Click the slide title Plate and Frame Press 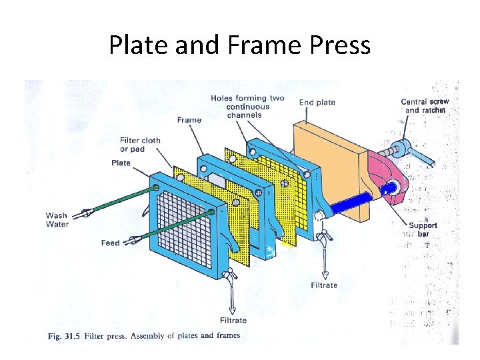pyautogui.click(x=239, y=45)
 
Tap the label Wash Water pyautogui.click(x=57, y=219)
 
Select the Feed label pyautogui.click(x=110, y=243)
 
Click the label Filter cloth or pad pyautogui.click(x=140, y=145)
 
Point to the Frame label pyautogui.click(x=189, y=120)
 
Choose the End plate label pyautogui.click(x=317, y=102)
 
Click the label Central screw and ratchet pyautogui.click(x=425, y=106)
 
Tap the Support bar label pyautogui.click(x=423, y=229)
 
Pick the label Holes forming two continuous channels pyautogui.click(x=247, y=107)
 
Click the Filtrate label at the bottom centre pyautogui.click(x=233, y=321)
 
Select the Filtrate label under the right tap pyautogui.click(x=324, y=285)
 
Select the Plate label pyautogui.click(x=121, y=163)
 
